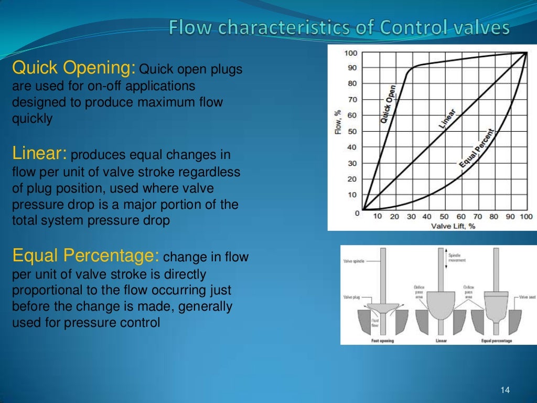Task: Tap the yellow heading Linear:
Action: coord(39,154)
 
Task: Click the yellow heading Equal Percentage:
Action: coord(85,257)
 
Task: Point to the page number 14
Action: coord(506,390)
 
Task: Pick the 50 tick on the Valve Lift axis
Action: coord(443,217)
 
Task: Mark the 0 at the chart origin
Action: coord(357,213)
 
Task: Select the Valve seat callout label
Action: coord(527,297)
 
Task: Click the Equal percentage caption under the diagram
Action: coord(497,341)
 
